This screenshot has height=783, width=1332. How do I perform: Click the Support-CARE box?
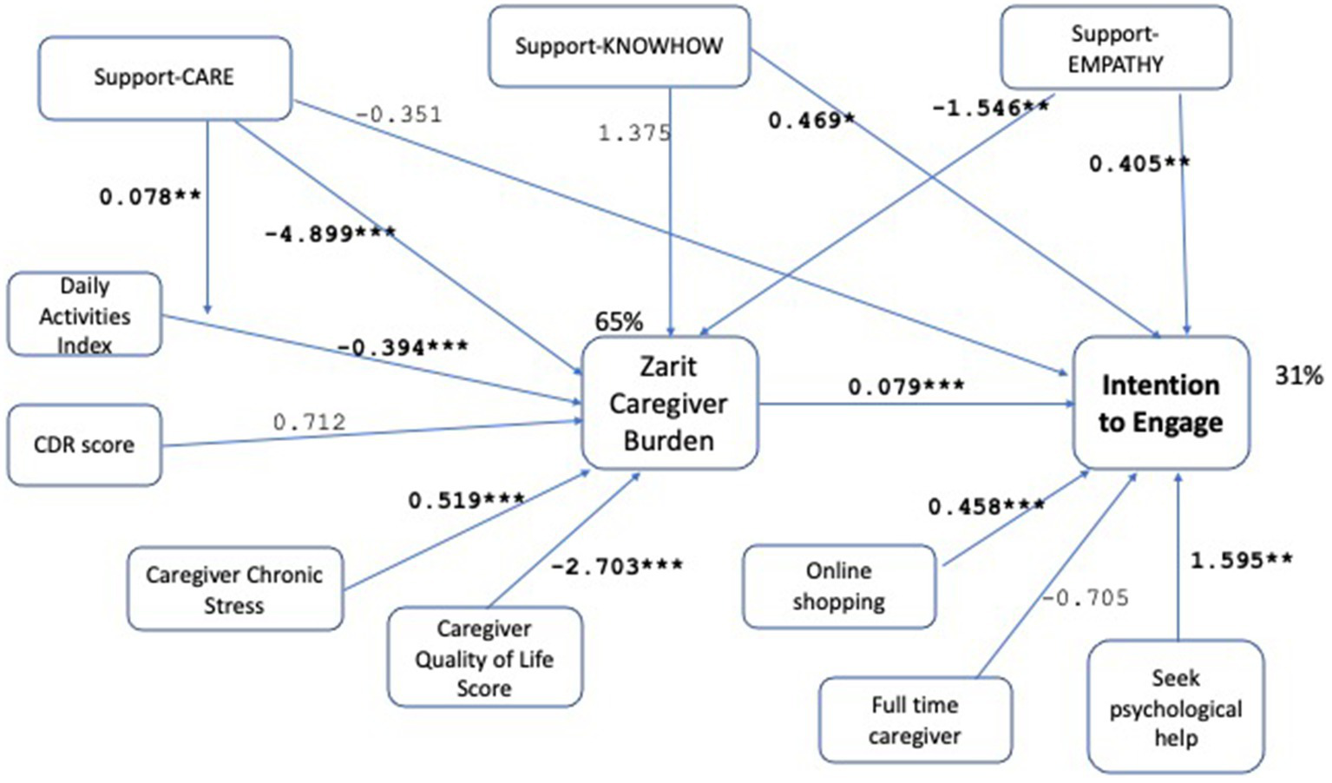click(165, 77)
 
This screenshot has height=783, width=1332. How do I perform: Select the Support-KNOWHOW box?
click(619, 46)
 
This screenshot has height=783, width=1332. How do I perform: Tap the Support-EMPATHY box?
click(1115, 49)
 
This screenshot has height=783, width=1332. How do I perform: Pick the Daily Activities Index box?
click(84, 314)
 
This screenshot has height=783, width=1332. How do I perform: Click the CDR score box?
click(84, 444)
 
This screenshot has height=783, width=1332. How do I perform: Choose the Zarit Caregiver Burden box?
click(669, 404)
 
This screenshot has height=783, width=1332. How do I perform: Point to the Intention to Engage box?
click(1160, 404)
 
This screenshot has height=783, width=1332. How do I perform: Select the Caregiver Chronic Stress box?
click(234, 589)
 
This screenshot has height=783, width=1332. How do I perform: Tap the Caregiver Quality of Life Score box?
click(484, 657)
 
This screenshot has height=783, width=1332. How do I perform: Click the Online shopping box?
click(838, 586)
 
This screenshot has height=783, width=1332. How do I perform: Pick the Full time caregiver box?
click(915, 720)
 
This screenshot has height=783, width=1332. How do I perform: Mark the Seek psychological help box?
click(1175, 707)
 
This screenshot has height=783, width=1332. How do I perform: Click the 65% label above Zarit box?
click(619, 322)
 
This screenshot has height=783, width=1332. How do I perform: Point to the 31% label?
click(1298, 375)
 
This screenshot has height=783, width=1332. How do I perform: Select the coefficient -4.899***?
click(330, 234)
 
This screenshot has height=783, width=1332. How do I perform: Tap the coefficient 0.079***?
click(906, 386)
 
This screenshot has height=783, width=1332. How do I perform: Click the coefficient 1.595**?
click(1241, 561)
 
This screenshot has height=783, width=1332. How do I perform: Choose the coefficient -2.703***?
click(617, 566)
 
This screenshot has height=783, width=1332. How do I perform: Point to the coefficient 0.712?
click(309, 422)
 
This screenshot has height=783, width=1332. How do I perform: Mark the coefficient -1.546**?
click(990, 109)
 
